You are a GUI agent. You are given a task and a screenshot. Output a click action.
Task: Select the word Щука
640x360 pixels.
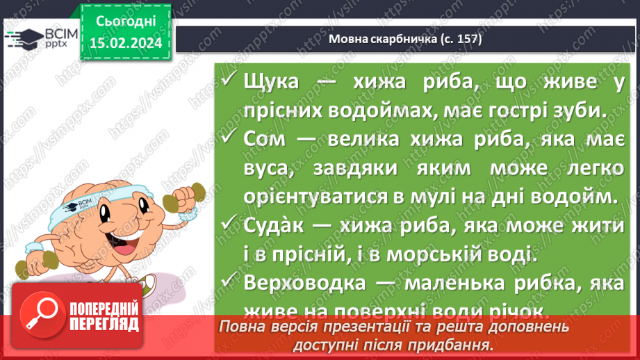pos(272,82)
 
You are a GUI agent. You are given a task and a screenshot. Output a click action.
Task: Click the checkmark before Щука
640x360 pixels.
pos(229,81)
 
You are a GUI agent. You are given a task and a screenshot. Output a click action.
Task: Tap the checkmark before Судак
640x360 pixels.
pos(229,225)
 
